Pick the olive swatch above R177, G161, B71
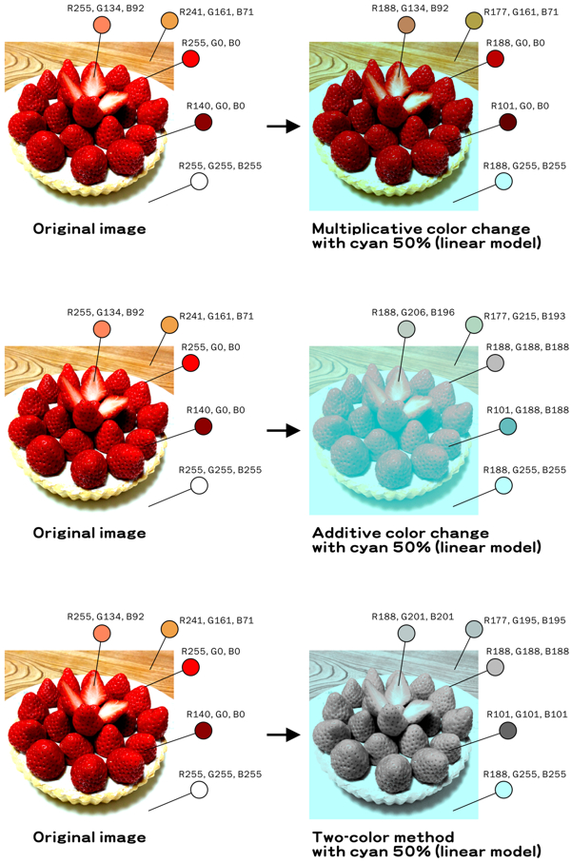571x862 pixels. click(x=473, y=22)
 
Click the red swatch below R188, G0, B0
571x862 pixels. click(x=495, y=59)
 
